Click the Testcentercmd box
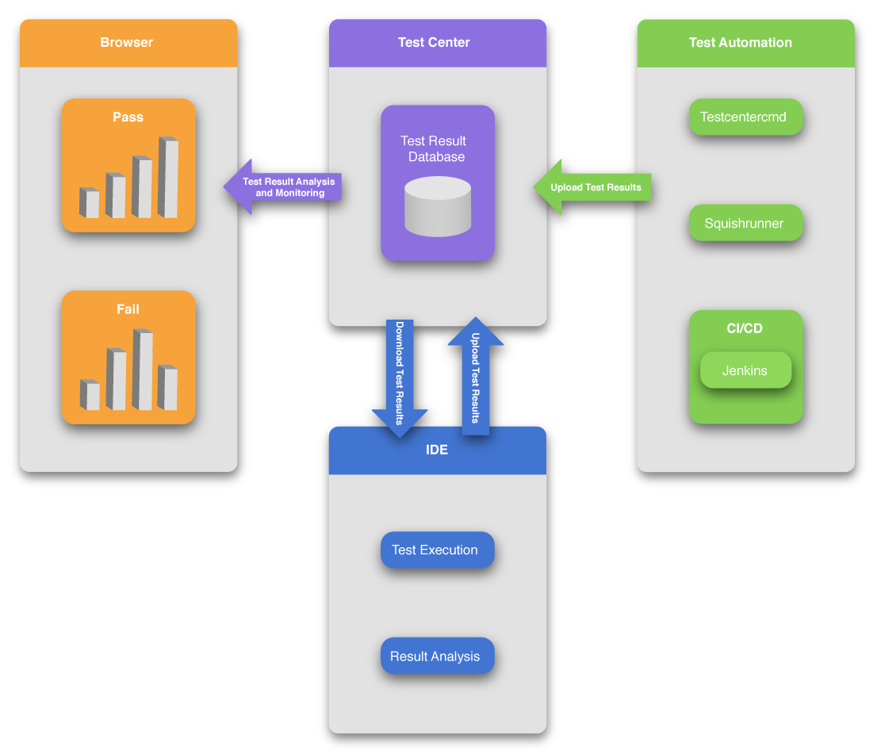point(744,117)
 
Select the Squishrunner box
point(744,224)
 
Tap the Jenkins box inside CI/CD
point(745,370)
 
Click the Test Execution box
point(435,550)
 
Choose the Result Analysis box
point(435,657)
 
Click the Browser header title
point(127,43)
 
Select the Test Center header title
point(434,43)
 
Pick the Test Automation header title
point(741,43)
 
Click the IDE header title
point(437,450)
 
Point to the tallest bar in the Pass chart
point(168,178)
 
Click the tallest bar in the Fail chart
point(143,370)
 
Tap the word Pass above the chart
point(128,117)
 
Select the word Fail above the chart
point(128,309)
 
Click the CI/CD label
point(745,328)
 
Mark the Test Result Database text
point(434,149)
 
